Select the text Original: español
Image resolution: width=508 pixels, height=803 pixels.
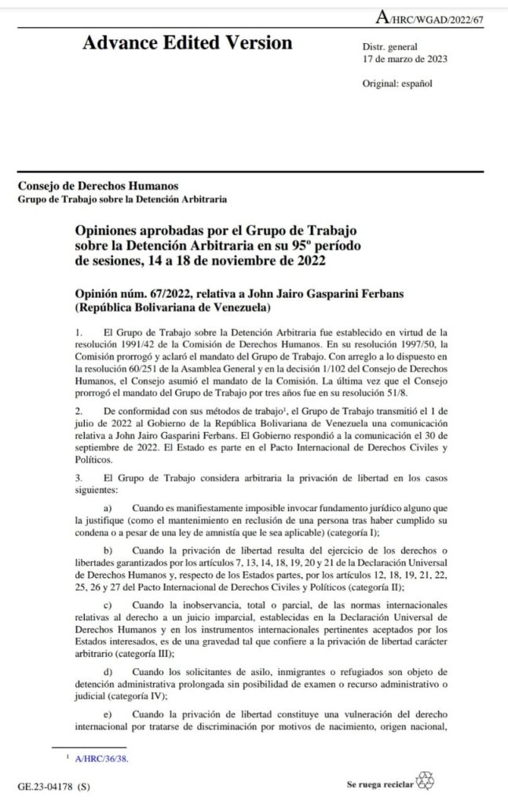pos(397,82)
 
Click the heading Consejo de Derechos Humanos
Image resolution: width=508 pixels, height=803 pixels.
pos(98,186)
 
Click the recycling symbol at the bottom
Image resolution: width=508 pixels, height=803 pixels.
pos(425,779)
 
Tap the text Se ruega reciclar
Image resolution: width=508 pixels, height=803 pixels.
pos(380,783)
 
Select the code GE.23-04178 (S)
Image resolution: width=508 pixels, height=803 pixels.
pos(53,784)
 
